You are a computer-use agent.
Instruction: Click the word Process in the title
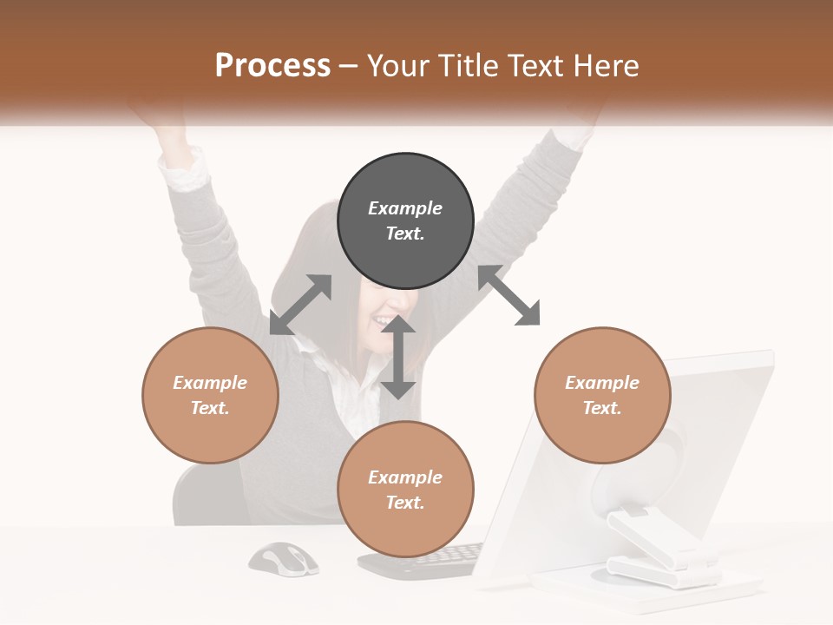[x=272, y=66]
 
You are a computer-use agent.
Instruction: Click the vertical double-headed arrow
[x=398, y=358]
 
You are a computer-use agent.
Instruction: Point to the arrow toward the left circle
[x=300, y=305]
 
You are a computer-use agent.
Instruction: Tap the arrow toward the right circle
[x=509, y=296]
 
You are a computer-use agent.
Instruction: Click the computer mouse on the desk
[x=284, y=559]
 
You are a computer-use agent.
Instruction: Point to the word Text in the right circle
[x=602, y=407]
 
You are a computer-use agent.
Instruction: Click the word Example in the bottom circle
[x=405, y=477]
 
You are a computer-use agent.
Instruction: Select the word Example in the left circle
[x=210, y=383]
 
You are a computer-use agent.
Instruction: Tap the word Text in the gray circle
[x=405, y=234]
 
